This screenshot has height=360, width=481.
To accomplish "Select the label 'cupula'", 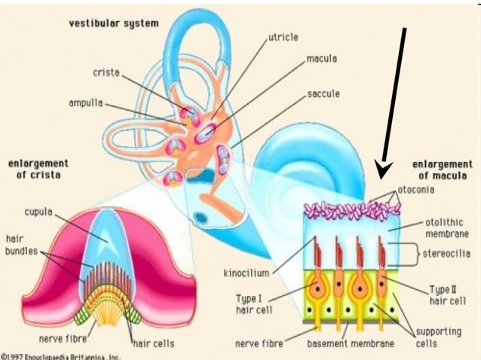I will pyautogui.click(x=38, y=212).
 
